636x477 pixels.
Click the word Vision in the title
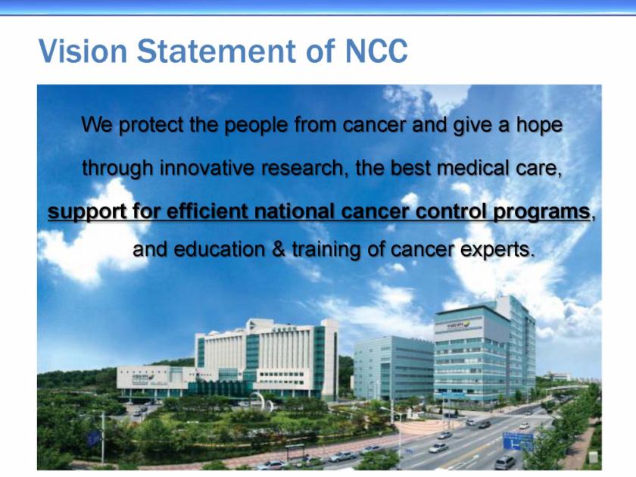click(x=83, y=51)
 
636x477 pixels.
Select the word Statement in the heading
click(x=217, y=51)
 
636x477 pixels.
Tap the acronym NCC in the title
click(x=376, y=51)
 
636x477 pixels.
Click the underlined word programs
click(x=541, y=212)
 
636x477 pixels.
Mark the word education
click(x=219, y=248)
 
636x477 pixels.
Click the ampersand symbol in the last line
click(x=279, y=248)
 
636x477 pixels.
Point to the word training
click(x=326, y=249)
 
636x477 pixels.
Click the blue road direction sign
click(x=518, y=441)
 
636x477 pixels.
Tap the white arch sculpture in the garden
click(x=260, y=401)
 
